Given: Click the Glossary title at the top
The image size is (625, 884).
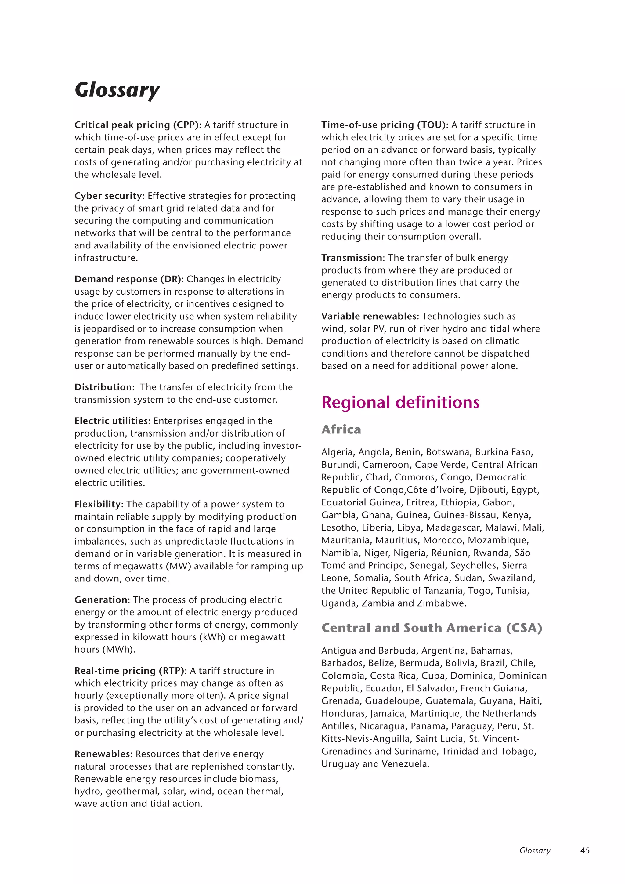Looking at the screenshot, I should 117,90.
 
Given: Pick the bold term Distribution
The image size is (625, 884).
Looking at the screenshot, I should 103,387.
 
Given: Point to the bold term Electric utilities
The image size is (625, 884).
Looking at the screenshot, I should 111,421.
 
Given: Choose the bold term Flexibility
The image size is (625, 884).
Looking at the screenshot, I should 98,504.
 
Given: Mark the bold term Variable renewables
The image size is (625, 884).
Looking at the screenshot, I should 369,317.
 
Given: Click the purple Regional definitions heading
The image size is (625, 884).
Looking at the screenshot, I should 400,402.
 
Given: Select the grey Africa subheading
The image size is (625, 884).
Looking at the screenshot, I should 341,429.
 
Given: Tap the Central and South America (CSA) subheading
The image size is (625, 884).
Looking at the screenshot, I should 432,628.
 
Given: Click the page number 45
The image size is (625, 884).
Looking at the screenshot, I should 585,850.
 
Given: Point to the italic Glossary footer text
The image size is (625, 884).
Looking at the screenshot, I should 535,850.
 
